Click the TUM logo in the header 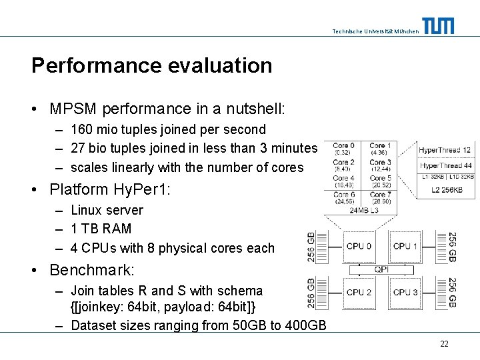click(x=438, y=26)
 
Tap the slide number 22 click(x=445, y=344)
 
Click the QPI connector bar click(x=381, y=269)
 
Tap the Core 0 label click(x=344, y=145)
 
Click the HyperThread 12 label click(x=445, y=150)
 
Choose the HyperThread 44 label click(x=445, y=165)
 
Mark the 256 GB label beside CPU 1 click(x=453, y=246)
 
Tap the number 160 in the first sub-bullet click(x=83, y=129)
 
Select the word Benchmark click(x=92, y=270)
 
